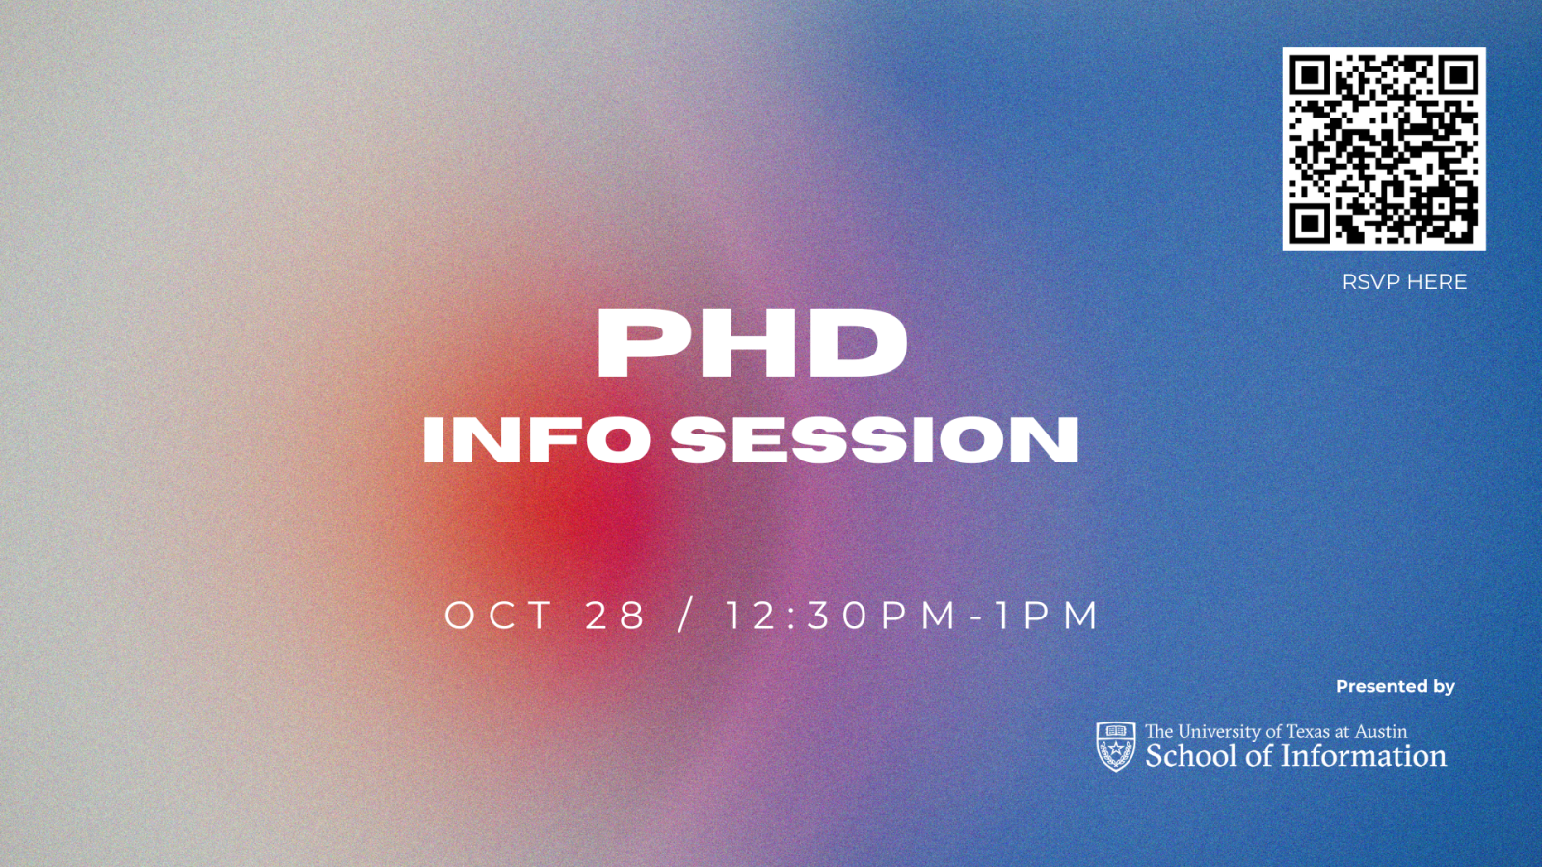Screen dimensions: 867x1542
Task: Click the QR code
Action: (x=1384, y=149)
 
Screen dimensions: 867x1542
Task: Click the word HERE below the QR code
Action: (x=1437, y=282)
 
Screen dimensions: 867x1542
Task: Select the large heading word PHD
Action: (x=752, y=344)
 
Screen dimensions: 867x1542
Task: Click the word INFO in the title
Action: (x=536, y=440)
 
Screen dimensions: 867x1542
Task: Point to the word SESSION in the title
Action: (x=874, y=440)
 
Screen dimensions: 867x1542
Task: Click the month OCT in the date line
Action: (x=498, y=616)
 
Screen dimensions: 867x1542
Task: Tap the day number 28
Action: (x=616, y=616)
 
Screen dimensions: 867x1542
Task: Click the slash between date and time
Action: (x=685, y=616)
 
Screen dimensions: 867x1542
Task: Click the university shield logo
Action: (x=1116, y=747)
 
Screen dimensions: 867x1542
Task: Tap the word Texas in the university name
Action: (x=1308, y=732)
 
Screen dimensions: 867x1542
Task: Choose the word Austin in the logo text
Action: (x=1381, y=732)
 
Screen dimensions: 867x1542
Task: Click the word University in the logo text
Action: (x=1219, y=732)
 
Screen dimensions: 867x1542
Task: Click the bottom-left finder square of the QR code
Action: (x=1311, y=223)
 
